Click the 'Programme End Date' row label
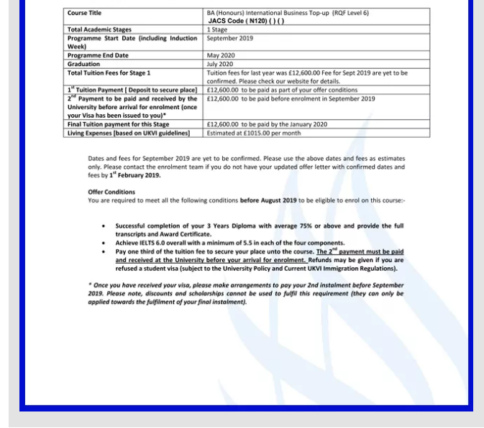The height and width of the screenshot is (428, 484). click(98, 55)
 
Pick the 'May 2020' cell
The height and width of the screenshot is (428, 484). click(221, 55)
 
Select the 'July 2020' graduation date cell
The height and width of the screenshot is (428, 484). click(221, 64)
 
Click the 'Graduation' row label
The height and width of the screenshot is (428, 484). click(85, 64)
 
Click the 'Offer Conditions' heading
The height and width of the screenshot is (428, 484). click(111, 192)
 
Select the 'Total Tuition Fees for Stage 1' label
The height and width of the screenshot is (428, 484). click(109, 73)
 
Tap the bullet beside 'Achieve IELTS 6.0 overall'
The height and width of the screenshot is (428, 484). click(105, 243)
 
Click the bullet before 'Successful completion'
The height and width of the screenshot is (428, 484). click(105, 225)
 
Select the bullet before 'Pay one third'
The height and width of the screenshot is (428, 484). click(105, 251)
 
